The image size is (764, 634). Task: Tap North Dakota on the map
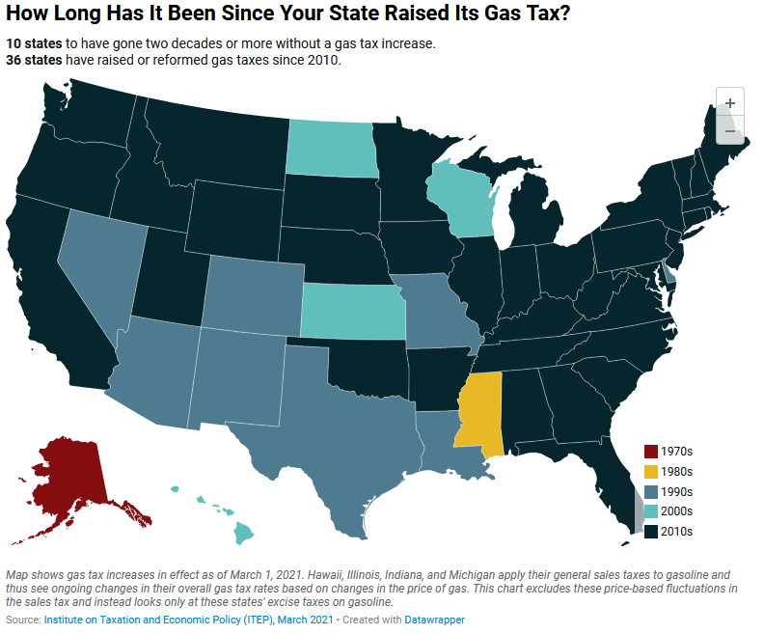[331, 150]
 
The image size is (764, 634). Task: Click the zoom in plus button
[730, 103]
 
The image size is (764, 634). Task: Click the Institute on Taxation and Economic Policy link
[159, 619]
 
